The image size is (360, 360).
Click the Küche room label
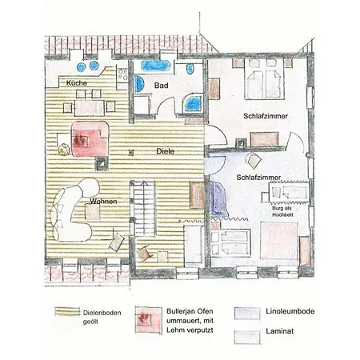tap(77, 83)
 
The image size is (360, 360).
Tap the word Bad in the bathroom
tap(162, 86)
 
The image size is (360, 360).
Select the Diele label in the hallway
tap(166, 151)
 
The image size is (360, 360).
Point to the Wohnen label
tap(103, 202)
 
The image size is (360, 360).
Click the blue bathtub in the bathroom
tap(155, 66)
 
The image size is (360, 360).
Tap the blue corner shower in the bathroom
tap(193, 103)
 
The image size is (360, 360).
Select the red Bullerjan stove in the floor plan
tap(90, 139)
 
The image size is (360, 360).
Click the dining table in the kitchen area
tap(90, 107)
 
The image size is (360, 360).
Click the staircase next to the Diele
tap(144, 208)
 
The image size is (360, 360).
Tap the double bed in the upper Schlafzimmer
tap(265, 79)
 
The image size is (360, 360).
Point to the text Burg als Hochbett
tap(282, 211)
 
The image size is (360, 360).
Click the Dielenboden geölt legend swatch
tap(67, 312)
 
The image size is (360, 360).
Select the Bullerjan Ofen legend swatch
tap(148, 320)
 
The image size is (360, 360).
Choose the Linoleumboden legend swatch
tap(247, 314)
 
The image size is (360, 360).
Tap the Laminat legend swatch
tap(247, 338)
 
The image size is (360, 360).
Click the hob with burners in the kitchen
tap(122, 74)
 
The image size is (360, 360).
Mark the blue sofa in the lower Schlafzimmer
tap(218, 199)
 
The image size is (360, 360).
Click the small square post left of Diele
tap(130, 153)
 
